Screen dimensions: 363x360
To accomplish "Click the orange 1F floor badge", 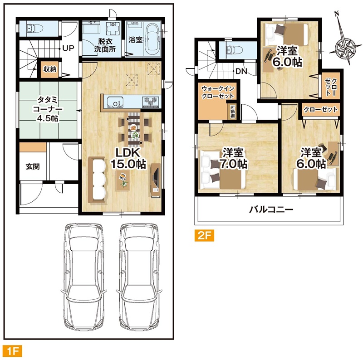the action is pyautogui.click(x=12, y=350).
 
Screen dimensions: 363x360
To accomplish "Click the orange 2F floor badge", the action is pyautogui.click(x=204, y=235).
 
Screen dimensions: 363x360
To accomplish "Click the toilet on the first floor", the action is pyautogui.click(x=35, y=28).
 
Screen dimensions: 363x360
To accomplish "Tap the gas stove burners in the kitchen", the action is pyautogui.click(x=152, y=102).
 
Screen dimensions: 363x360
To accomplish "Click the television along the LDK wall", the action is pyautogui.click(x=155, y=180).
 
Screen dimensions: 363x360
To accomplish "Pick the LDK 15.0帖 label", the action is pyautogui.click(x=128, y=159).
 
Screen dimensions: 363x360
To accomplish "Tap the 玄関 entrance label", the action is pyautogui.click(x=33, y=166).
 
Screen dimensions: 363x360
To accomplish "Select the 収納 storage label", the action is pyautogui.click(x=50, y=69).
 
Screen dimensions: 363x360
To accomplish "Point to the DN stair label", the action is pyautogui.click(x=241, y=71).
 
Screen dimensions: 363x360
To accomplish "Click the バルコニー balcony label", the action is pyautogui.click(x=271, y=209).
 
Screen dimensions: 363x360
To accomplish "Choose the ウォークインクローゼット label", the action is pyautogui.click(x=218, y=92).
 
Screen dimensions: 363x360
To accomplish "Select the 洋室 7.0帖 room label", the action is pyautogui.click(x=233, y=159).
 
